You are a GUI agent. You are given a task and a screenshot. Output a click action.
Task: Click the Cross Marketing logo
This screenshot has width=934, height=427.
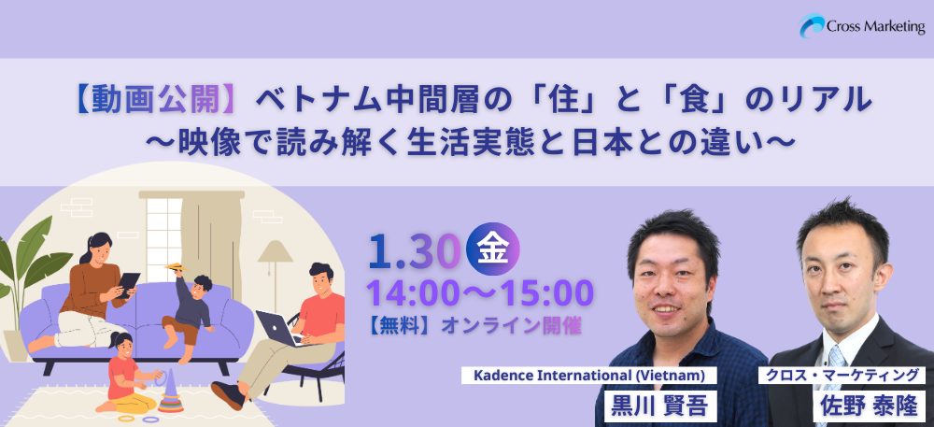pyautogui.click(x=861, y=26)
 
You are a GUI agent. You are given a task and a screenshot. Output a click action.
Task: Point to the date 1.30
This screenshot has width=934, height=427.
pyautogui.click(x=414, y=250)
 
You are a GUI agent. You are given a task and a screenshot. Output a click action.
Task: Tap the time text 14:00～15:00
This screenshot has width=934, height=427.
pyautogui.click(x=480, y=292)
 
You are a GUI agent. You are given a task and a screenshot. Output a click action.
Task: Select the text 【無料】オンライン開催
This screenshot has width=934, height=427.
pyautogui.click(x=474, y=326)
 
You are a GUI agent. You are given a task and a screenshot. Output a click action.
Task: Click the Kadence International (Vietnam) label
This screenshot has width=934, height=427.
pyautogui.click(x=589, y=376)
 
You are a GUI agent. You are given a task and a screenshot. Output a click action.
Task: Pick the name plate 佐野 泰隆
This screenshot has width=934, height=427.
pyautogui.click(x=869, y=406)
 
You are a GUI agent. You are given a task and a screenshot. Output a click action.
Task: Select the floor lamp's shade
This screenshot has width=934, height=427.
pyautogui.click(x=276, y=251)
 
